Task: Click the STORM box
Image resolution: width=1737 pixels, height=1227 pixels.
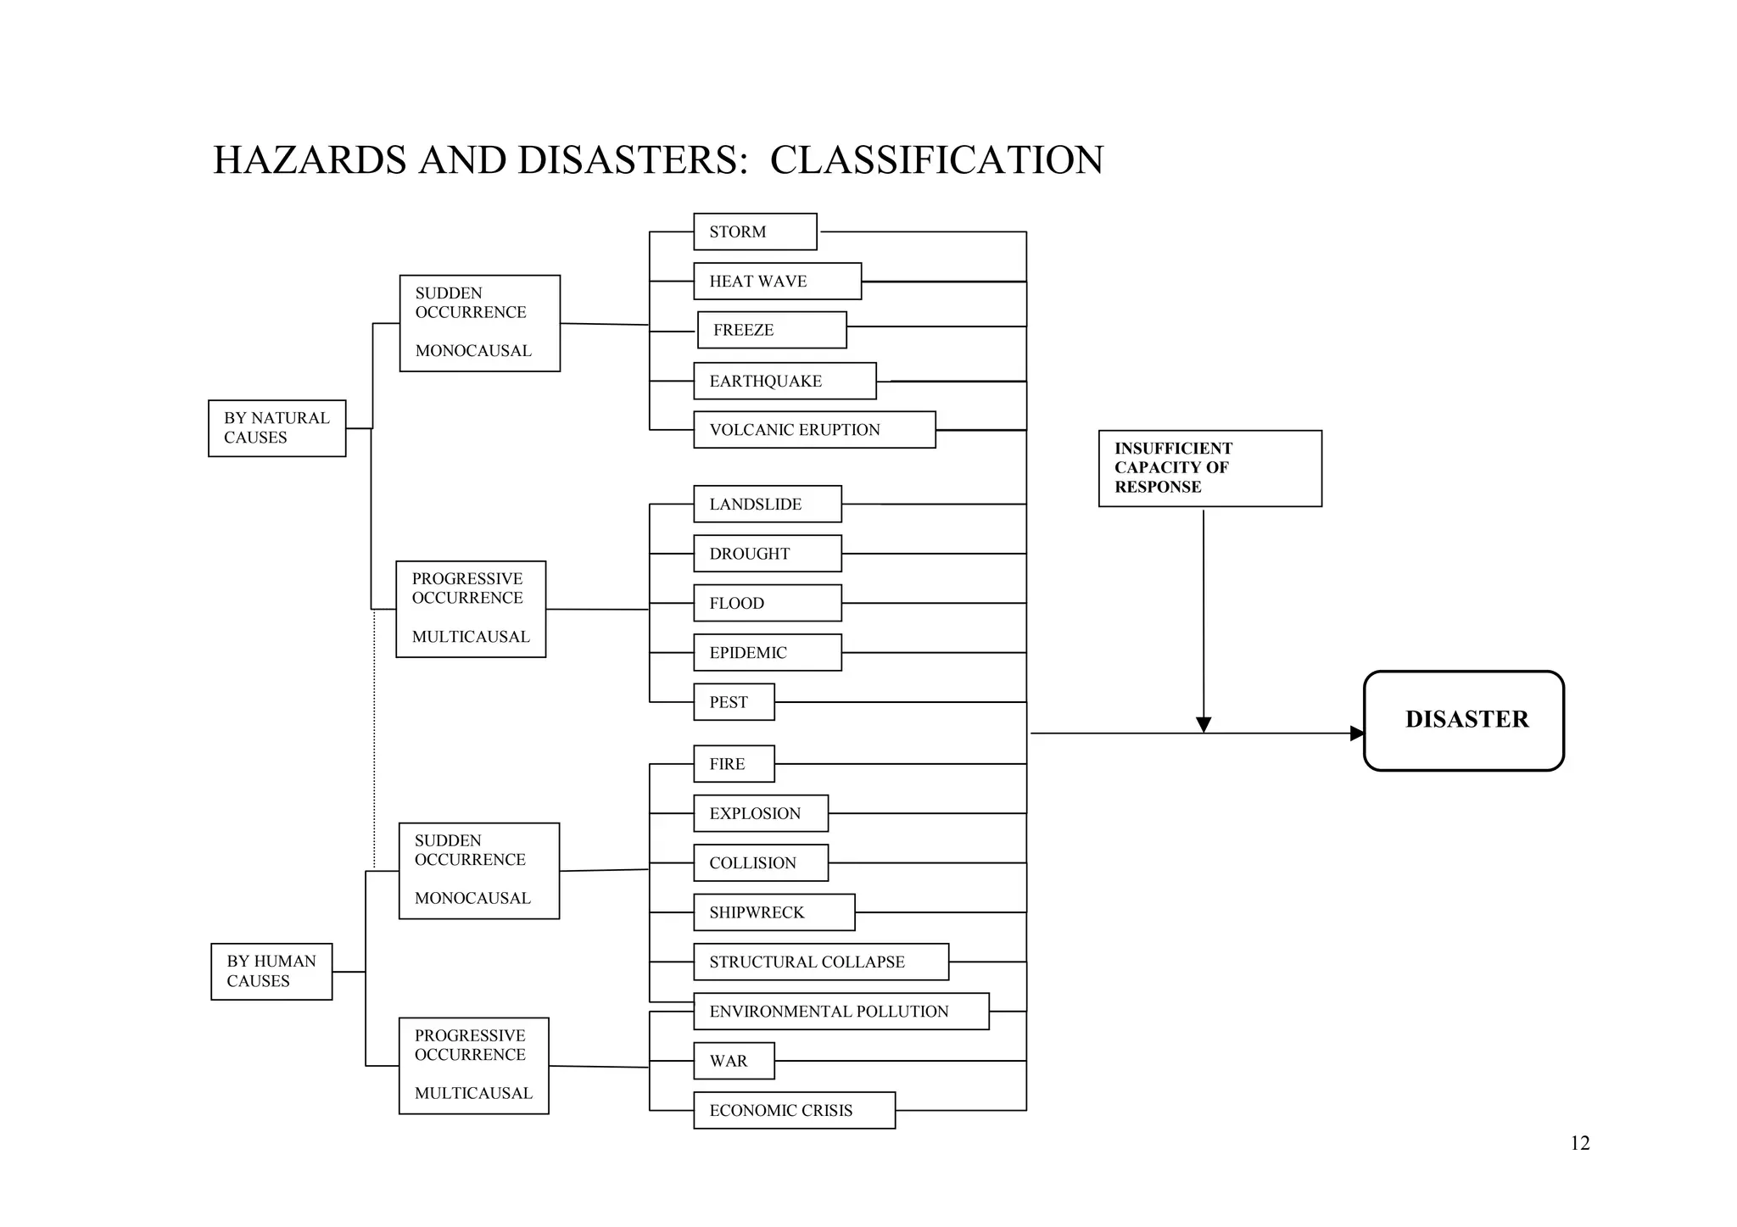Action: [755, 231]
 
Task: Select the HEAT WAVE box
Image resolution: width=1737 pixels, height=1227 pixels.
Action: [777, 282]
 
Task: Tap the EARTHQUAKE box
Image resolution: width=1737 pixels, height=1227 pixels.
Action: [785, 382]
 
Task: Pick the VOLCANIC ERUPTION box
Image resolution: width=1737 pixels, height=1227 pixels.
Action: [814, 430]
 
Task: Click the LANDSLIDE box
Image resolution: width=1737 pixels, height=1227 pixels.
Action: [768, 505]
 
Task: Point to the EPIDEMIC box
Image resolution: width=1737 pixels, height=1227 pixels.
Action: [768, 653]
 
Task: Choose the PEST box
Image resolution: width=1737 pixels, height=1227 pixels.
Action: [734, 702]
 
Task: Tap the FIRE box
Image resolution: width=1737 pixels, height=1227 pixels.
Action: [734, 764]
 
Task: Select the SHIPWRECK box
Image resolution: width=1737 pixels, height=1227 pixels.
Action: [774, 912]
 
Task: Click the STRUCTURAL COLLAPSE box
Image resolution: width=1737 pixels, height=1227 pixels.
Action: [821, 962]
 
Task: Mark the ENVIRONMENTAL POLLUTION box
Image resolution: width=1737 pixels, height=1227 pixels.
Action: [841, 1012]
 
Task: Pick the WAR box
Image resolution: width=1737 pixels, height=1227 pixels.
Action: [734, 1061]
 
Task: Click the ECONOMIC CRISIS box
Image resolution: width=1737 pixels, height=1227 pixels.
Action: [794, 1111]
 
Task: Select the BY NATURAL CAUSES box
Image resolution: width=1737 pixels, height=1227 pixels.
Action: [277, 428]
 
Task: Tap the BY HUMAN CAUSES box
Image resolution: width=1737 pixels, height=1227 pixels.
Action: [271, 972]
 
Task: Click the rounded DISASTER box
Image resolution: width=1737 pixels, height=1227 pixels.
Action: [1464, 721]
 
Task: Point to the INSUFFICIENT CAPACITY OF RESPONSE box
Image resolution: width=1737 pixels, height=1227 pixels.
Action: [1209, 468]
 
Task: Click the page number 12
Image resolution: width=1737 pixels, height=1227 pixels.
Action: [1579, 1143]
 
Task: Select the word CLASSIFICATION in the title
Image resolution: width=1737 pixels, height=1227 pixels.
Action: [936, 160]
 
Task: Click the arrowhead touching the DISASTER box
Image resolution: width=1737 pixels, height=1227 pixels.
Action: [1357, 733]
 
